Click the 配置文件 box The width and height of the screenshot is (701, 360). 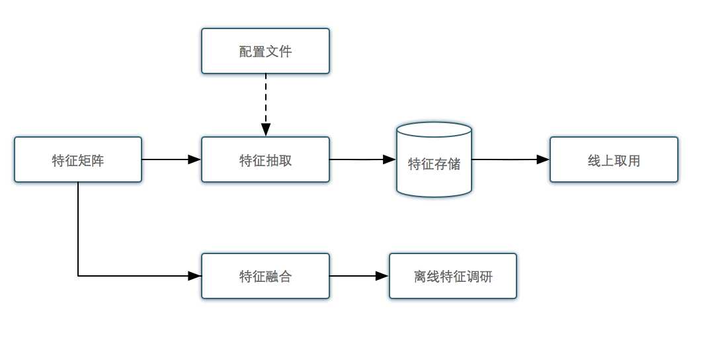(265, 51)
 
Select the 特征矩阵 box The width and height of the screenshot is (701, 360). (78, 159)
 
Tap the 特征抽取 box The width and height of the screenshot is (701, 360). (265, 159)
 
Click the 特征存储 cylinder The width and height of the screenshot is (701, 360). (434, 163)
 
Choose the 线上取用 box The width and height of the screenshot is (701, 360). (614, 159)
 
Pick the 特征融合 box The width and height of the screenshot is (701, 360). (265, 276)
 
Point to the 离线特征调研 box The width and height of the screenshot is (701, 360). (453, 276)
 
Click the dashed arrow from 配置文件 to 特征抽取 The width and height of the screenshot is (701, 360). (265, 99)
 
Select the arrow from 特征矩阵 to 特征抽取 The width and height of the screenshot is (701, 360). (169, 159)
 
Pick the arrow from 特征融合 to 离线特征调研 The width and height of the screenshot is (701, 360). (357, 276)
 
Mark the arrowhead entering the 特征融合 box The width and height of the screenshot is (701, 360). (194, 276)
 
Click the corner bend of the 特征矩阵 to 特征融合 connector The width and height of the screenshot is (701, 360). (79, 276)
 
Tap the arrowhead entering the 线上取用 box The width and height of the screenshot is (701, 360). (543, 159)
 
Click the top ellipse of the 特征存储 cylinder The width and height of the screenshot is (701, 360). (434, 130)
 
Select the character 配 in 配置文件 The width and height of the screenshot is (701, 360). (245, 52)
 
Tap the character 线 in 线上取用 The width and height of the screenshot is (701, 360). (594, 160)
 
